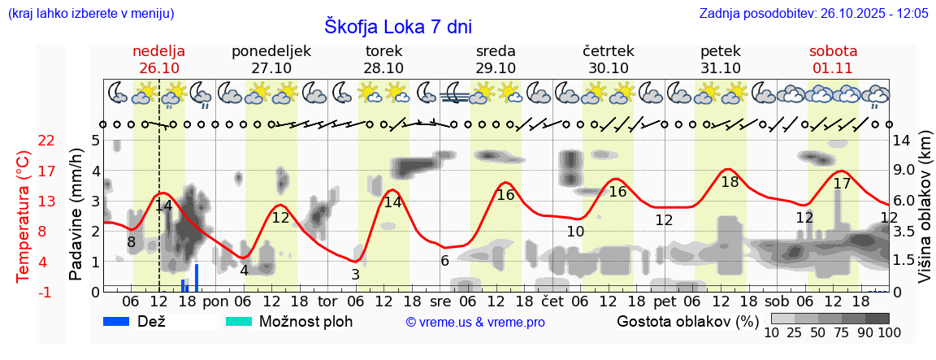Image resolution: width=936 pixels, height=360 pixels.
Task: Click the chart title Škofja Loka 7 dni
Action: pos(397,26)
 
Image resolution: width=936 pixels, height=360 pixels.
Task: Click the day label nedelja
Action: pos(159,51)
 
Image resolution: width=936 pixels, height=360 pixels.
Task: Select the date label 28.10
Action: pos(383,68)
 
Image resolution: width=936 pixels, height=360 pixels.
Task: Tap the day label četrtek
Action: pos(609,51)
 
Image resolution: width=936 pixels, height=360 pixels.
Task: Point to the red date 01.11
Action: pos(833,68)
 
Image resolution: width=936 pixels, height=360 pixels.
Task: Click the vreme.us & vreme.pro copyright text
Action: pos(475,323)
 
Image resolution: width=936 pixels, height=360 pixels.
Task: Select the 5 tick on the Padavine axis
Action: pos(95,141)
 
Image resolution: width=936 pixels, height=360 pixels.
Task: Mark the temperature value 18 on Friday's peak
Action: pos(730,182)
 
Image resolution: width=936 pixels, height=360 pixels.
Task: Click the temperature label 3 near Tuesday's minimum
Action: pos(356,275)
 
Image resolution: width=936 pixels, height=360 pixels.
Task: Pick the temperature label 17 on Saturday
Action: pos(842,184)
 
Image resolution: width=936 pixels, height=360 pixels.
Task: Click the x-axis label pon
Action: pos(215,301)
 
